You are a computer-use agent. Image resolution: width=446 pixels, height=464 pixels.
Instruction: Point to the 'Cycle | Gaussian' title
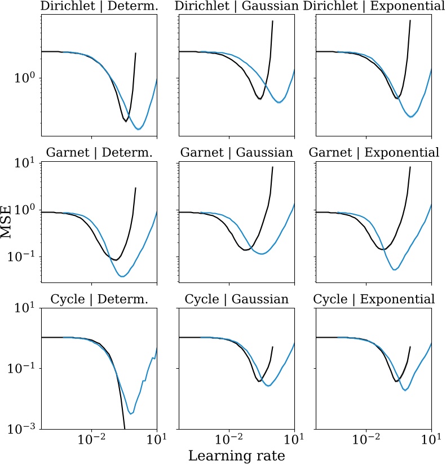[x=236, y=299]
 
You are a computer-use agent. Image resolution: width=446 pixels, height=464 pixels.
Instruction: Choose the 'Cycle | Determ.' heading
[x=99, y=299]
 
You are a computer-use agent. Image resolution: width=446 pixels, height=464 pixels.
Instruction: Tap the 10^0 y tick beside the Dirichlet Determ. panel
[x=25, y=78]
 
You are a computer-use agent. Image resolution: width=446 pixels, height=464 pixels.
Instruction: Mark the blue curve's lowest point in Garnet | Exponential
[x=395, y=269]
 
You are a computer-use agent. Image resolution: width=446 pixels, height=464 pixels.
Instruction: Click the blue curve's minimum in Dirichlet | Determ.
[x=138, y=129]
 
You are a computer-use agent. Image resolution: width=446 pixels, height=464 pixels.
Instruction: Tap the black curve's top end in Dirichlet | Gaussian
[x=273, y=21]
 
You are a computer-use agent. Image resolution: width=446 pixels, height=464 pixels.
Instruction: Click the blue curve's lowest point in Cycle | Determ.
[x=131, y=414]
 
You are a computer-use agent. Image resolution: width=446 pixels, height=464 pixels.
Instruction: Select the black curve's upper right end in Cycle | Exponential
[x=410, y=347]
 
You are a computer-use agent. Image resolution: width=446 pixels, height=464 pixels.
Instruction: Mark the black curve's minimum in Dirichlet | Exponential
[x=398, y=98]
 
